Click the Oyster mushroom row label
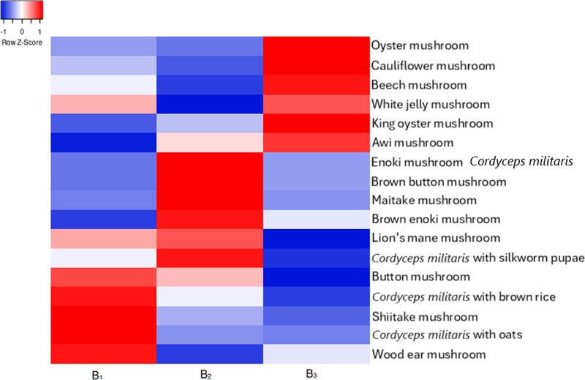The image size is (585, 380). pyautogui.click(x=420, y=45)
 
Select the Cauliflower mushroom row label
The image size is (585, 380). pyautogui.click(x=433, y=66)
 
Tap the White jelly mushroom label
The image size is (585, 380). pyautogui.click(x=431, y=104)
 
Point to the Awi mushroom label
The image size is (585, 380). pyautogui.click(x=412, y=142)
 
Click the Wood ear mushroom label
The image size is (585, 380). pyautogui.click(x=429, y=354)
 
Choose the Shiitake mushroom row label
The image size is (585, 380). pyautogui.click(x=425, y=317)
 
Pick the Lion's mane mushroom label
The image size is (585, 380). pyautogui.click(x=436, y=238)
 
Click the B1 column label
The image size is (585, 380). pyautogui.click(x=97, y=375)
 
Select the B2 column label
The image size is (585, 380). pyautogui.click(x=206, y=374)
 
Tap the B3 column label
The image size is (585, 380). pyautogui.click(x=312, y=373)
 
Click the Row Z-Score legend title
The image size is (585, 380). pyautogui.click(x=22, y=42)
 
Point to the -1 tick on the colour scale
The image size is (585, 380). pyautogui.click(x=4, y=32)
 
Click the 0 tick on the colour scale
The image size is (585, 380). pyautogui.click(x=22, y=32)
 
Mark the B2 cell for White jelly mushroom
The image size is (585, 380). pyautogui.click(x=210, y=104)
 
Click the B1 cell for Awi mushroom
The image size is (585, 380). pyautogui.click(x=104, y=142)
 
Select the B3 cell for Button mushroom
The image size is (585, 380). pyautogui.click(x=317, y=277)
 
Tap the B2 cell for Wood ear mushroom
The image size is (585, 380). pyautogui.click(x=210, y=354)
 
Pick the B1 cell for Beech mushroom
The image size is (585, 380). pyautogui.click(x=104, y=85)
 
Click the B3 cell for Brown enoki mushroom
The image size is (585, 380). pyautogui.click(x=317, y=220)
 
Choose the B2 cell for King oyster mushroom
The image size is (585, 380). pyautogui.click(x=210, y=123)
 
